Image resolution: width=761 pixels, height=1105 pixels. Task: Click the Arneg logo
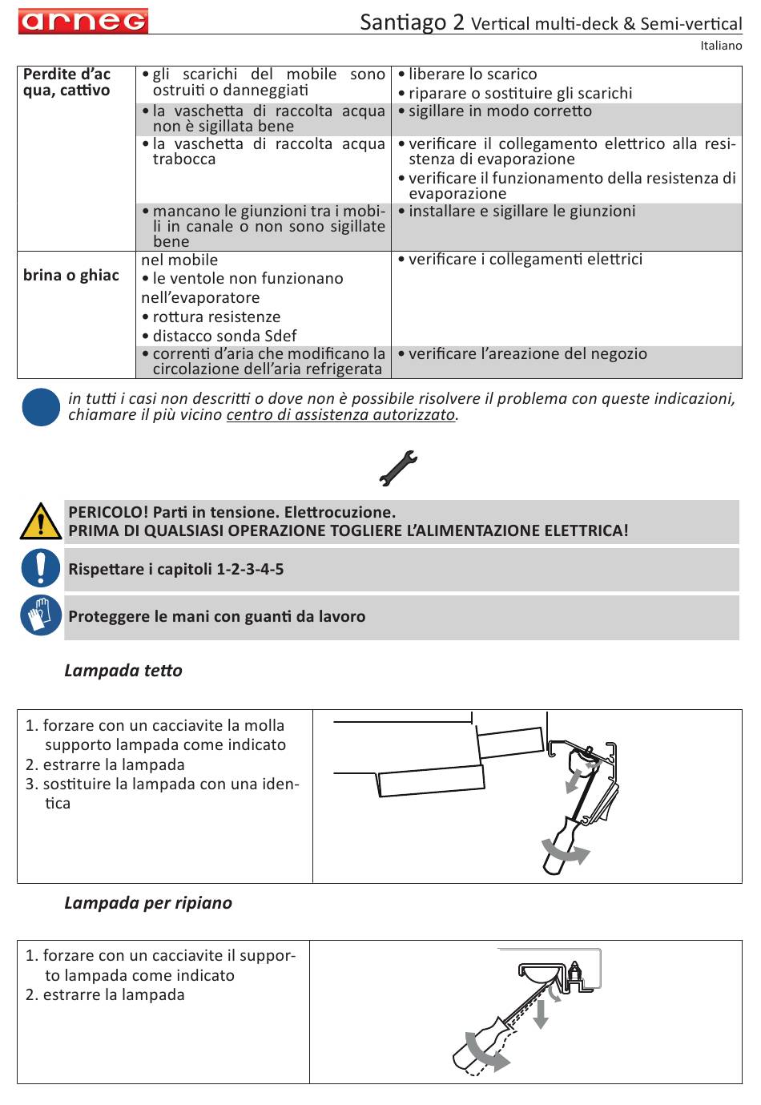pyautogui.click(x=83, y=21)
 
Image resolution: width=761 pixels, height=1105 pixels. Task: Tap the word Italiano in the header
pyautogui.click(x=721, y=46)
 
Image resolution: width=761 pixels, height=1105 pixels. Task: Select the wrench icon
pyautogui.click(x=398, y=468)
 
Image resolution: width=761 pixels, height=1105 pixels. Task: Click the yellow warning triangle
pyautogui.click(x=39, y=522)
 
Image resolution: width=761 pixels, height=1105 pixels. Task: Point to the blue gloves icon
pyautogui.click(x=40, y=616)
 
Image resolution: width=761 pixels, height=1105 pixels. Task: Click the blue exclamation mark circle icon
pyautogui.click(x=40, y=569)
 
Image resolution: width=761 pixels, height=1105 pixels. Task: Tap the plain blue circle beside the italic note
pyautogui.click(x=41, y=406)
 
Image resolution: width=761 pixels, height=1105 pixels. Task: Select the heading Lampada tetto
pyautogui.click(x=123, y=671)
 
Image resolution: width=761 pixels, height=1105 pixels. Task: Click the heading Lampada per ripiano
pyautogui.click(x=148, y=903)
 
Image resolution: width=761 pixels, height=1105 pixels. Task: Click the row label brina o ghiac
pyautogui.click(x=71, y=276)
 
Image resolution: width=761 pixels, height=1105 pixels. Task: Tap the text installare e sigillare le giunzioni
pyautogui.click(x=521, y=212)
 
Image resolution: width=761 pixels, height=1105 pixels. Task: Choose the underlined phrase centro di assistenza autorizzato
pyautogui.click(x=340, y=415)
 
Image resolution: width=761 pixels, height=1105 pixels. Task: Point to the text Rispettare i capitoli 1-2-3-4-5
pyautogui.click(x=176, y=570)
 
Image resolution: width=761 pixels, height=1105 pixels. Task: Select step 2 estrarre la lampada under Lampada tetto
pyautogui.click(x=113, y=765)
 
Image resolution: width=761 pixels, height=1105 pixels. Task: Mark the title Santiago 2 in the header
pyautogui.click(x=412, y=22)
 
